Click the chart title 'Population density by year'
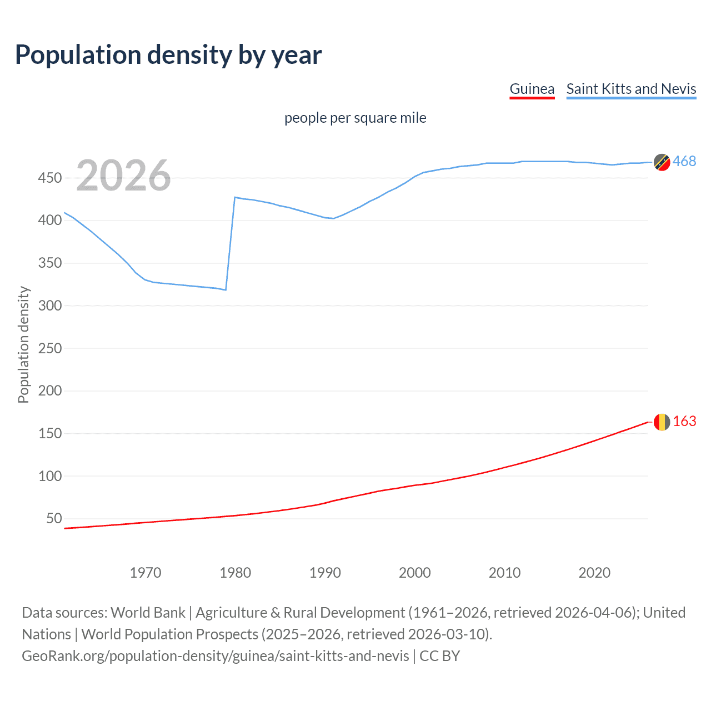[x=168, y=55]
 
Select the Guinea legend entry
[x=532, y=89]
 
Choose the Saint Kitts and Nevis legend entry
[x=631, y=89]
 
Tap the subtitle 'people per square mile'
[x=355, y=118]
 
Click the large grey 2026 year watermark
[x=123, y=176]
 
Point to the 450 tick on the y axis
[x=49, y=178]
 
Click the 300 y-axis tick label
[x=49, y=306]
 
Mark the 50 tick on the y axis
[x=54, y=518]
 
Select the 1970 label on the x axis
[x=146, y=573]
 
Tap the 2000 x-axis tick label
[x=414, y=573]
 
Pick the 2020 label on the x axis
[x=594, y=573]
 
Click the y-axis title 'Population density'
[x=23, y=344]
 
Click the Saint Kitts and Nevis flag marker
[x=662, y=162]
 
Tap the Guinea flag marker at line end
[x=662, y=422]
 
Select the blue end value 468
[x=684, y=162]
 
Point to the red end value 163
[x=684, y=422]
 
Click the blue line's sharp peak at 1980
[x=235, y=197]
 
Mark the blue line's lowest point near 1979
[x=226, y=290]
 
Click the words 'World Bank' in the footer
[x=148, y=613]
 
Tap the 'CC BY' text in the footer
[x=439, y=656]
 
